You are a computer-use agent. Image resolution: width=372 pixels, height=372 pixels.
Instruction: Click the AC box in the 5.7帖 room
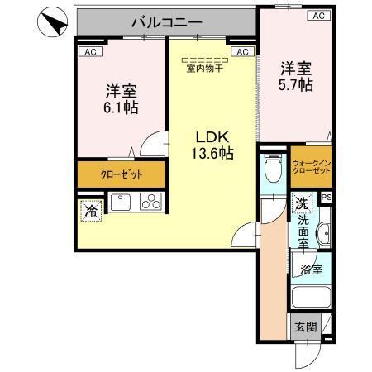(x=317, y=16)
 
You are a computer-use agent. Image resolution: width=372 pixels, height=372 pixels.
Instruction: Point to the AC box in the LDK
(x=241, y=51)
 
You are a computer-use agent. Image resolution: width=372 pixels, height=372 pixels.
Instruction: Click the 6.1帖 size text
(x=121, y=107)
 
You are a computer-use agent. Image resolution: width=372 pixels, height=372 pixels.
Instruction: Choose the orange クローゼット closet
(x=122, y=174)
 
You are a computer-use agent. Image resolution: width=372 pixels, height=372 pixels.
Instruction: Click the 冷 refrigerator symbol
(x=90, y=212)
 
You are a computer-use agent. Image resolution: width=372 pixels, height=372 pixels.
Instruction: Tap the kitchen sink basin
(x=120, y=203)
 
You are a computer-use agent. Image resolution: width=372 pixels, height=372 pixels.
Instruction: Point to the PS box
(x=326, y=198)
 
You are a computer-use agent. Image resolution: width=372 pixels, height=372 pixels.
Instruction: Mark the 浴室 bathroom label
(x=312, y=269)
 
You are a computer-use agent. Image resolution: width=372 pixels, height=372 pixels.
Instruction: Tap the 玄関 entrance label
(x=304, y=327)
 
